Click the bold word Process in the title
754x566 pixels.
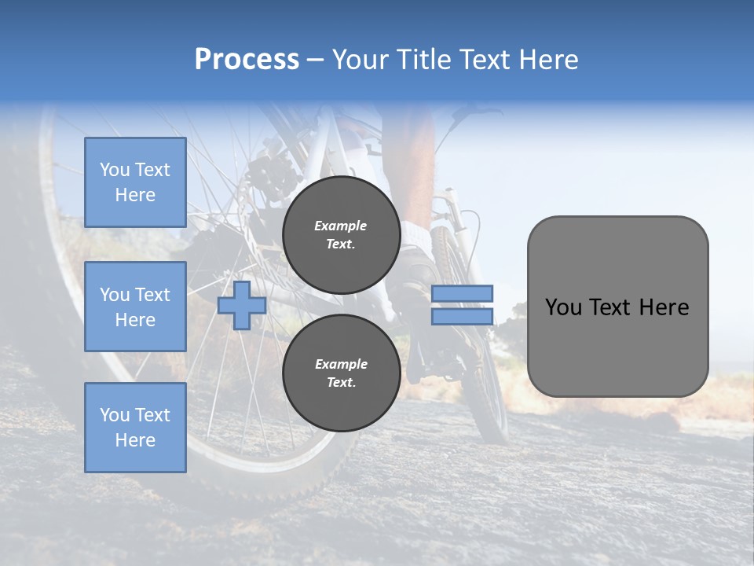[247, 60]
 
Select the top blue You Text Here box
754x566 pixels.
[135, 182]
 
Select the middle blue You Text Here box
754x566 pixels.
[135, 307]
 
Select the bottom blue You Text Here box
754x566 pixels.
[135, 427]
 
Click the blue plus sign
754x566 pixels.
[242, 305]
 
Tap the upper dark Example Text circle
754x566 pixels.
[341, 235]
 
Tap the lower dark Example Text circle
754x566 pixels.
[341, 373]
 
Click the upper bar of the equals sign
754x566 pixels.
[462, 294]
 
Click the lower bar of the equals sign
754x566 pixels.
[462, 316]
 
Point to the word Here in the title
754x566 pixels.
[550, 60]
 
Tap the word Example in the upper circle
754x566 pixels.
[340, 226]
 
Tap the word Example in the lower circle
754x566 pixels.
[340, 364]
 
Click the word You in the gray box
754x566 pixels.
[563, 307]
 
